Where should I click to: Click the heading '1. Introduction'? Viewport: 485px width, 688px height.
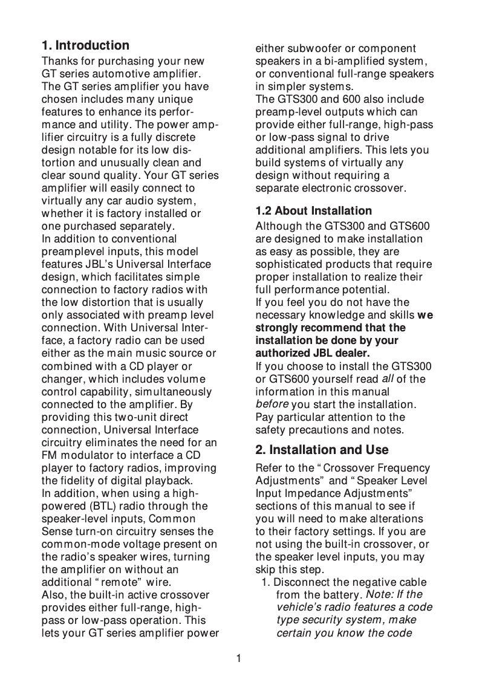tap(85, 45)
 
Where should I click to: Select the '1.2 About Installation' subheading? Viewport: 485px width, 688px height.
tap(314, 211)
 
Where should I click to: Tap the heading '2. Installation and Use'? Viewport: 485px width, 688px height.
tap(322, 450)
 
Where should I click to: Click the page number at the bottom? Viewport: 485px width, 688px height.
tap(239, 658)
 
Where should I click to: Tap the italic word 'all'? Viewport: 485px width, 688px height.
tap(387, 379)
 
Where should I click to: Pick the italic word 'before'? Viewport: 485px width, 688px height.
tap(272, 404)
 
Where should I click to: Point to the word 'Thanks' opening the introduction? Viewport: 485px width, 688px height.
tap(57, 61)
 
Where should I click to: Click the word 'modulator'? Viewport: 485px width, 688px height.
tap(81, 455)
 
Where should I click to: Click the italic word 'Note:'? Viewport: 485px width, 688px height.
tap(381, 596)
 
